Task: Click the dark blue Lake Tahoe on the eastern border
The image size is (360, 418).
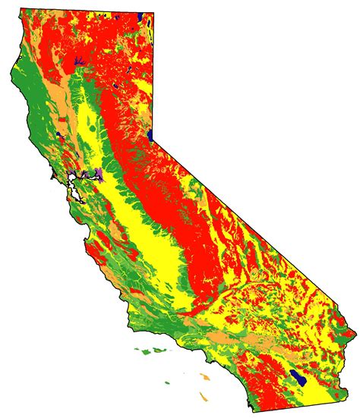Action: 153,136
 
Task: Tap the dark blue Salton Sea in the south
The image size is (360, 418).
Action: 299,377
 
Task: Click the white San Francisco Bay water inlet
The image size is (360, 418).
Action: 74,181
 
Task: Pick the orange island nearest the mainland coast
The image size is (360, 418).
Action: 206,376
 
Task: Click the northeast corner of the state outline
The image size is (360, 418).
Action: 154,13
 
